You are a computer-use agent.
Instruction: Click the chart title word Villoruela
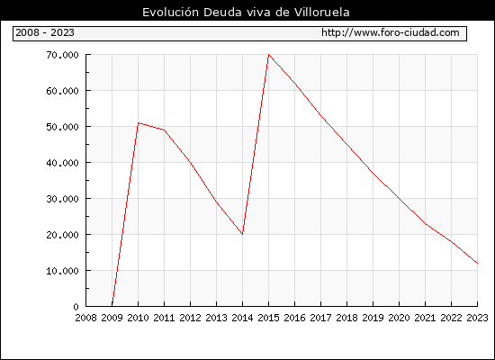coord(321,13)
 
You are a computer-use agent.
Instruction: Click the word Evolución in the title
coord(170,13)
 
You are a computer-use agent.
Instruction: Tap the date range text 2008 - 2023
coord(45,32)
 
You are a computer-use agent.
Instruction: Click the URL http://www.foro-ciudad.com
coord(391,32)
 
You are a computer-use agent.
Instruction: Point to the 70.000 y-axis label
coord(62,55)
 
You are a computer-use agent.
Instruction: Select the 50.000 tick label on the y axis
coord(62,127)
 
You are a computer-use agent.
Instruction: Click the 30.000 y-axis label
coord(62,199)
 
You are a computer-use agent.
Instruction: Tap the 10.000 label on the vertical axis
coord(62,271)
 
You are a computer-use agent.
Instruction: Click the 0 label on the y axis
coord(76,307)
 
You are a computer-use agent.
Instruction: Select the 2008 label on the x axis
coord(85,318)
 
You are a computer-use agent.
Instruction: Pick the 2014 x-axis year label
coord(242,318)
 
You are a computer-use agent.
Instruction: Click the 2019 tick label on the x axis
coord(373,318)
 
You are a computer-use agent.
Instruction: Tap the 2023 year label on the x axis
coord(477,318)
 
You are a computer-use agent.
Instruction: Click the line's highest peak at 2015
coord(269,55)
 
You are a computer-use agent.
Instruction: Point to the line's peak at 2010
coord(139,122)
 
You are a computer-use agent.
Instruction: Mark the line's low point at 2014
coord(242,234)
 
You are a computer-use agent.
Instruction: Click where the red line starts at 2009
coord(112,305)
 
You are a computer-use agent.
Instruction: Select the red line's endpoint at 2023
coord(477,263)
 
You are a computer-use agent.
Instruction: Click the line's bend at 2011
coord(164,130)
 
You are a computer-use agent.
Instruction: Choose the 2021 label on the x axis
coord(425,318)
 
